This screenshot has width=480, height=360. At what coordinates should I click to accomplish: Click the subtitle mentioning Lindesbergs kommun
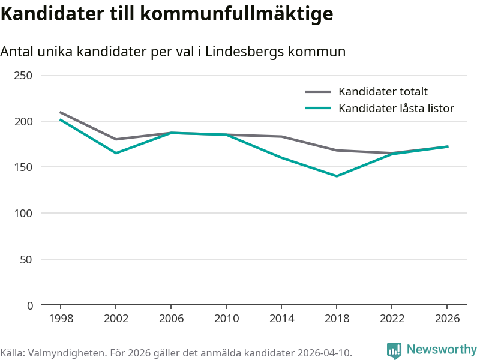(x=173, y=52)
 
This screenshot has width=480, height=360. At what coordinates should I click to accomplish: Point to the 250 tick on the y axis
(x=23, y=76)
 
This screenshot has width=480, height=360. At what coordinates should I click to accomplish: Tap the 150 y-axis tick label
(x=23, y=167)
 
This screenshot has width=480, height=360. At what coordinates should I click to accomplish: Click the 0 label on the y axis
(x=30, y=305)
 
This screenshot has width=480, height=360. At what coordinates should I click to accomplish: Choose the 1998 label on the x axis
(x=61, y=319)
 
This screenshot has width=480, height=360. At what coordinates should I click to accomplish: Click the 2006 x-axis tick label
(x=171, y=319)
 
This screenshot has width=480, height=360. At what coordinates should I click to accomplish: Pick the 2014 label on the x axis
(x=281, y=319)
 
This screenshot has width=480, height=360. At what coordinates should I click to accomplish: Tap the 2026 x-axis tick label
(x=447, y=319)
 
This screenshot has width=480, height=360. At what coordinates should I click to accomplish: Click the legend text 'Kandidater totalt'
(x=383, y=92)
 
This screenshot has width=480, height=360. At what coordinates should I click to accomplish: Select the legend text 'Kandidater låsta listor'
(x=396, y=109)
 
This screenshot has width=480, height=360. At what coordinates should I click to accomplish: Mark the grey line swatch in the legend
(x=318, y=92)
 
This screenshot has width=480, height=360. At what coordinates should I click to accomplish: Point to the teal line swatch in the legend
(x=318, y=109)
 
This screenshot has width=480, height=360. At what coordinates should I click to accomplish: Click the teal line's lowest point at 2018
(x=337, y=176)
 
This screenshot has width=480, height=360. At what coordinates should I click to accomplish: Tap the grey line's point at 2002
(x=116, y=139)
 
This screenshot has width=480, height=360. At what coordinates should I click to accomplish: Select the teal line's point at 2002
(x=116, y=153)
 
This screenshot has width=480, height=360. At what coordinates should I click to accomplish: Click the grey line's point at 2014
(x=281, y=137)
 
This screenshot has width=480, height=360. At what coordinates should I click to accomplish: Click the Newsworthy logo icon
(x=394, y=350)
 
